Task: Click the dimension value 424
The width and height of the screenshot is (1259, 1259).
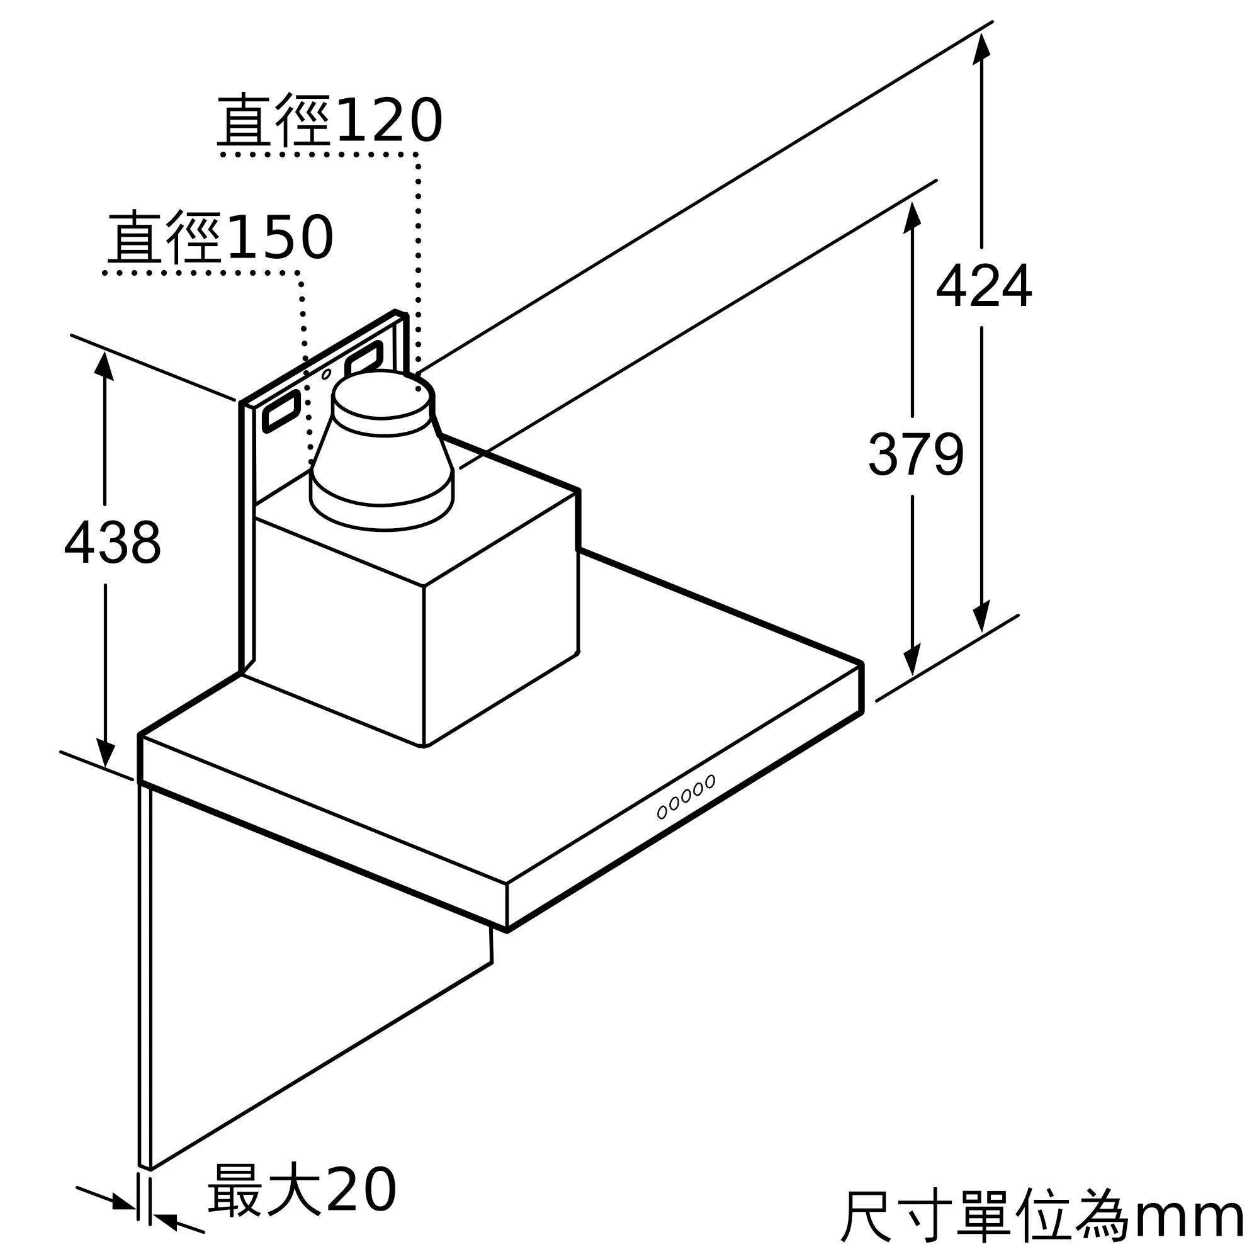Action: click(984, 286)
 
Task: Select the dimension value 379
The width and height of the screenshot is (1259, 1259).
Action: click(915, 455)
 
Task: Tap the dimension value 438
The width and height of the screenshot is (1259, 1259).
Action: click(112, 542)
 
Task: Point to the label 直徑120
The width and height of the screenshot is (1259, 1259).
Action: click(330, 120)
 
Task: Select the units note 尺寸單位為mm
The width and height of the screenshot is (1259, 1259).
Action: click(1042, 1216)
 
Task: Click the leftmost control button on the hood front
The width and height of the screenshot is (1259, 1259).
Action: click(662, 812)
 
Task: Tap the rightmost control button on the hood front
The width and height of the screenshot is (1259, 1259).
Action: click(710, 781)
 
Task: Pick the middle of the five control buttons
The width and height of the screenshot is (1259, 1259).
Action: click(686, 796)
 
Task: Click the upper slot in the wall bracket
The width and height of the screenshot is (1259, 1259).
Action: click(363, 357)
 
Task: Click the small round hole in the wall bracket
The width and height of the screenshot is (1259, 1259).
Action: click(327, 374)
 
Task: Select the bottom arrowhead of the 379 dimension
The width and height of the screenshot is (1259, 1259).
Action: click(912, 660)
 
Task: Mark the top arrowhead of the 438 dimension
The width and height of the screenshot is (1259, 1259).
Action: click(104, 366)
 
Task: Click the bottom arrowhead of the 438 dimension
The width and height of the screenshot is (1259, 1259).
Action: click(105, 753)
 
